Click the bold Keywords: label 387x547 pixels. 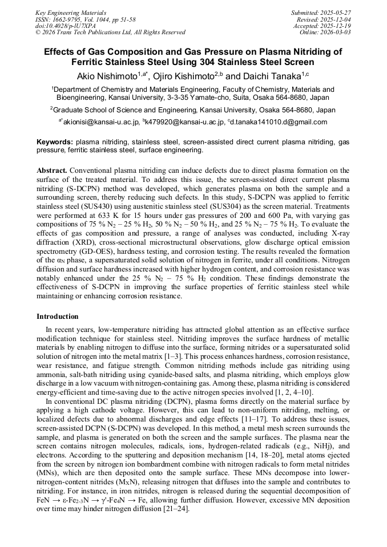[55, 141]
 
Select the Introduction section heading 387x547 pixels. [58, 316]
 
